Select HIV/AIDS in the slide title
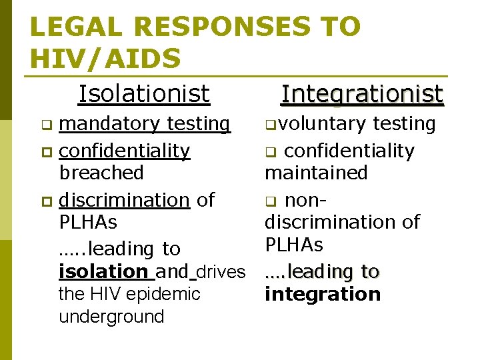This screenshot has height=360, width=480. click(105, 58)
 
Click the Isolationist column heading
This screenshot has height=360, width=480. click(144, 94)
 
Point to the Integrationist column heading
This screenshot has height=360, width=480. click(362, 94)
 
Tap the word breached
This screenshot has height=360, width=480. click(101, 173)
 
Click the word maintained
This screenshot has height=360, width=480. click(316, 173)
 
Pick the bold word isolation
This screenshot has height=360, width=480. click(103, 272)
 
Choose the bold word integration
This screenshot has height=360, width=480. click(323, 294)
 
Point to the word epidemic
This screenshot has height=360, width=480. click(171, 294)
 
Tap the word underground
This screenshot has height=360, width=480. click(111, 317)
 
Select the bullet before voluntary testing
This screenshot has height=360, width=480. click(269, 125)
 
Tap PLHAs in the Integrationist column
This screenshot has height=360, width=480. click(294, 245)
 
